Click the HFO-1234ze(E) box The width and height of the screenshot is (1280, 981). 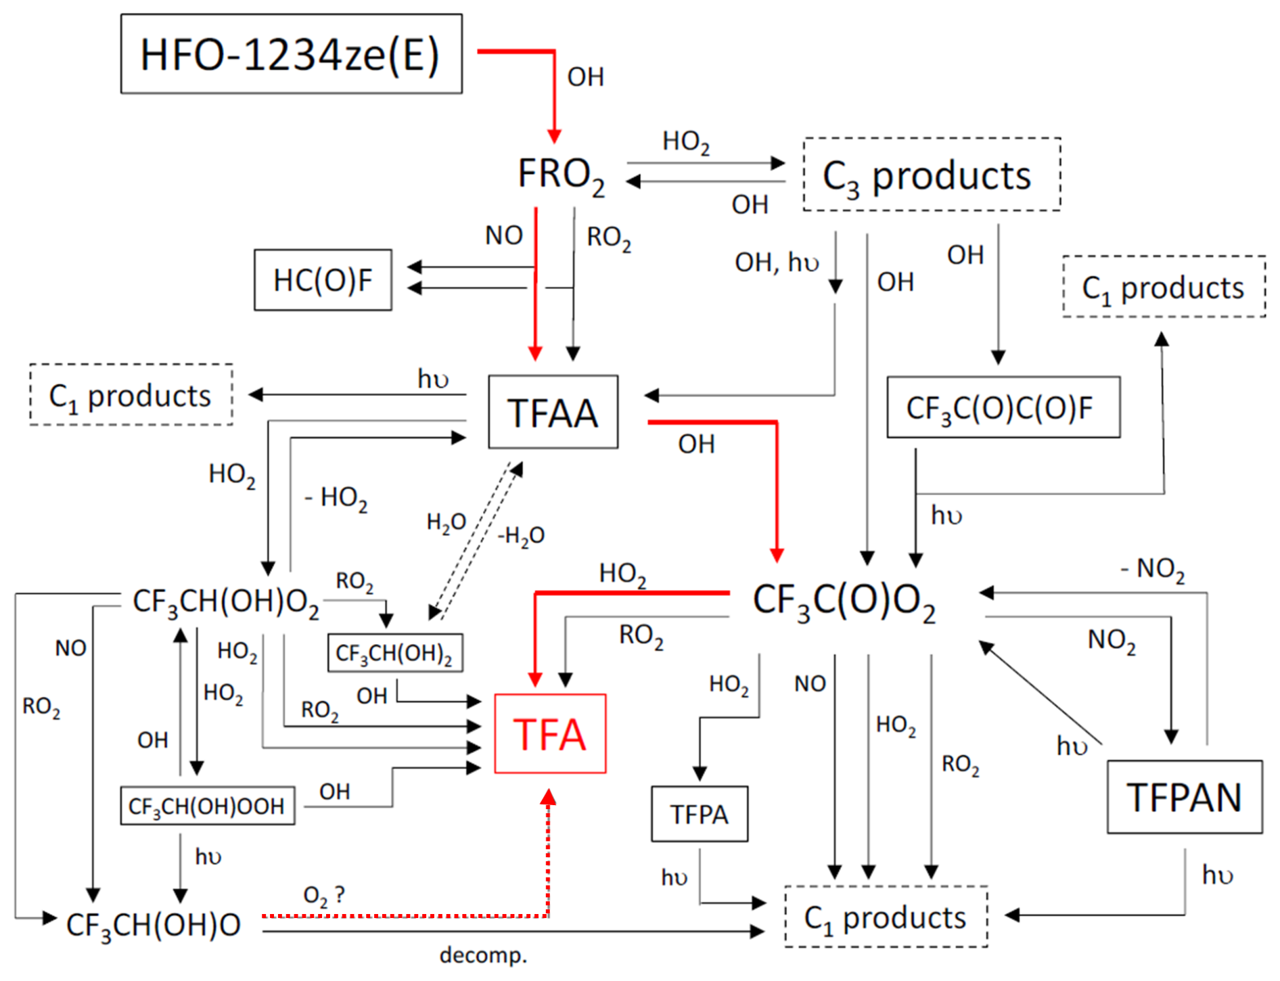(291, 54)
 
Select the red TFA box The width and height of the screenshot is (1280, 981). (550, 734)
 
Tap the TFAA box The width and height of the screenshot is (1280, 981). (553, 412)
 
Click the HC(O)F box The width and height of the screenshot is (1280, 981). (323, 280)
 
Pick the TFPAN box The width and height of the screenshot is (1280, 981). (1184, 797)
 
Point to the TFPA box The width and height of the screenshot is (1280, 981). (699, 814)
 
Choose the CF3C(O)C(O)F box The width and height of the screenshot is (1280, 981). (1003, 408)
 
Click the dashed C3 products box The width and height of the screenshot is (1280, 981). (931, 175)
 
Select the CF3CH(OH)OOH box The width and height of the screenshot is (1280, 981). (207, 806)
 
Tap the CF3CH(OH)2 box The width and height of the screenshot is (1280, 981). (394, 653)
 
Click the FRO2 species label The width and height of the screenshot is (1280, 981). (561, 175)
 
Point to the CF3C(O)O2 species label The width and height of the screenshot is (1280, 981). (844, 601)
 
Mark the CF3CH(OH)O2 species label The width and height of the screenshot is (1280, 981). (225, 601)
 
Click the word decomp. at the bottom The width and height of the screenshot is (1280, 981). (483, 955)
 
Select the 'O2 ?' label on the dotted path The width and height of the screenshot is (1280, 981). (323, 896)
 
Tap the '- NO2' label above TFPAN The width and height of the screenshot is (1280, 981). (1152, 569)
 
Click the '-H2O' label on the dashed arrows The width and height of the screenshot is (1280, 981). (521, 536)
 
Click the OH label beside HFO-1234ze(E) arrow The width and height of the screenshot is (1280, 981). (585, 77)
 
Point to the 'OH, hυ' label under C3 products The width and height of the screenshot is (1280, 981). (777, 262)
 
